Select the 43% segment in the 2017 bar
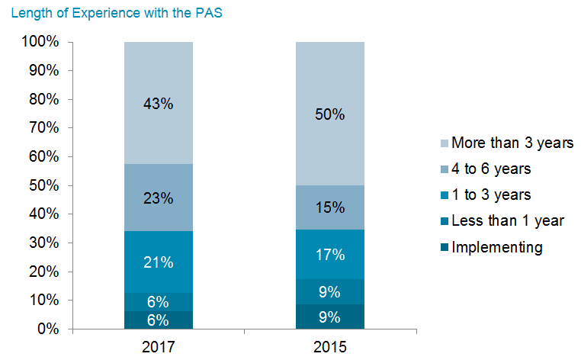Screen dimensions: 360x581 [159, 104]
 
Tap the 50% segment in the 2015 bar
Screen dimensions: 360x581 [330, 114]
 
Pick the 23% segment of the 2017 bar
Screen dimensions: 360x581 [159, 198]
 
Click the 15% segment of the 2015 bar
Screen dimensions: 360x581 [330, 207]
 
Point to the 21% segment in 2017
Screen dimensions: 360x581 [159, 262]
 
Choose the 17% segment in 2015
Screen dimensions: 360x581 [330, 254]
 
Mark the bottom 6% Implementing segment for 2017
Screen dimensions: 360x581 [159, 320]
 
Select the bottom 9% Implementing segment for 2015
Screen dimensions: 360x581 [330, 316]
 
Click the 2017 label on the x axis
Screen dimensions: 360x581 [159, 347]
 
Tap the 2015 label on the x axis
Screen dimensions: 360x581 [330, 347]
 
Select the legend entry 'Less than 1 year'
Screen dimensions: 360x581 [507, 220]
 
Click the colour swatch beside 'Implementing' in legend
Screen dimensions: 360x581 [443, 247]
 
